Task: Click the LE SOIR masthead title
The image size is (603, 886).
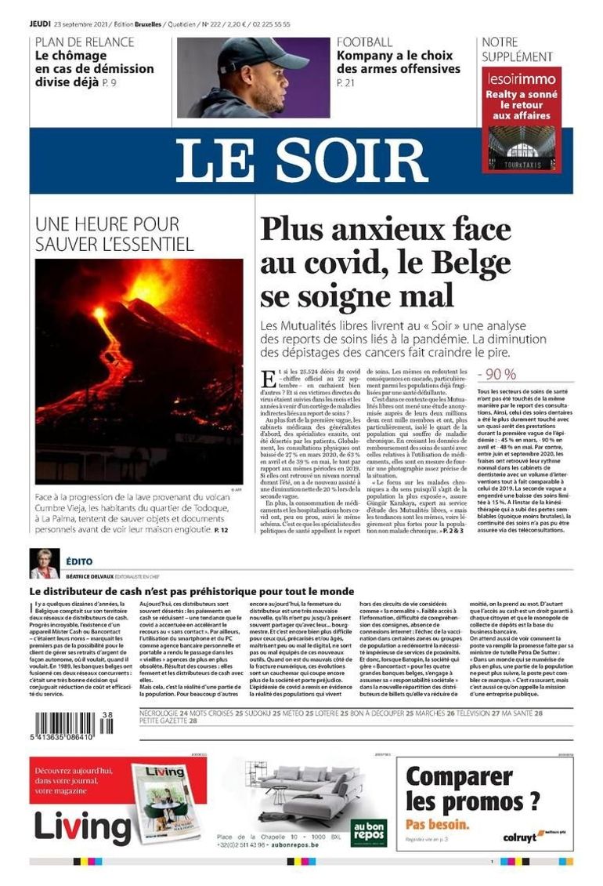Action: pyautogui.click(x=301, y=160)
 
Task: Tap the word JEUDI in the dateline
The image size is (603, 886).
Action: pyautogui.click(x=40, y=24)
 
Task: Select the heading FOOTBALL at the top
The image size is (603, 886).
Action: pyautogui.click(x=365, y=42)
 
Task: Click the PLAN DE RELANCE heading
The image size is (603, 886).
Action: pyautogui.click(x=85, y=42)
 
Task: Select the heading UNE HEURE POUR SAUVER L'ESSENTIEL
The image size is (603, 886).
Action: pyautogui.click(x=114, y=234)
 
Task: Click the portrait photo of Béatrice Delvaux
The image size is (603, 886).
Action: pyautogui.click(x=44, y=564)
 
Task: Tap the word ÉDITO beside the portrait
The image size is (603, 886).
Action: pyautogui.click(x=79, y=562)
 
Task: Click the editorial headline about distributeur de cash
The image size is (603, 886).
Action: pyautogui.click(x=192, y=591)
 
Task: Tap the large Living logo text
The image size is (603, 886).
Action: pyautogui.click(x=81, y=826)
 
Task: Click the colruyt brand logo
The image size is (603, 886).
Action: pyautogui.click(x=519, y=837)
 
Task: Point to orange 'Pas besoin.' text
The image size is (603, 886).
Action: pyautogui.click(x=438, y=824)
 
